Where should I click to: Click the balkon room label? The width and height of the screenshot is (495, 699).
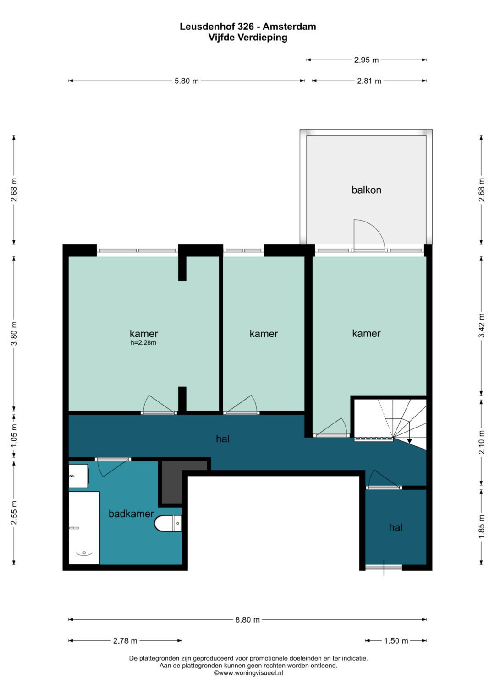tap(366, 190)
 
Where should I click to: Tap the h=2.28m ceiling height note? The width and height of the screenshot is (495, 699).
tap(143, 343)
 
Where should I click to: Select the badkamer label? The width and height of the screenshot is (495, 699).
tap(131, 514)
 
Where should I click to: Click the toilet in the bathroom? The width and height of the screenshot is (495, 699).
tap(168, 523)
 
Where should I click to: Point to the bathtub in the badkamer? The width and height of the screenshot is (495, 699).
tap(84, 528)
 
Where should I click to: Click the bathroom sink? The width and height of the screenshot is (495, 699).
tap(78, 476)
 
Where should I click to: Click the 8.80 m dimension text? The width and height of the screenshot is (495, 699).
tap(247, 619)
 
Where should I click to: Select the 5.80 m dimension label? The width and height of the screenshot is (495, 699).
tap(187, 81)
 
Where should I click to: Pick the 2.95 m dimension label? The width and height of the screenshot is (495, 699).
tap(366, 60)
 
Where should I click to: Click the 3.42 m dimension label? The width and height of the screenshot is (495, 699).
tap(482, 325)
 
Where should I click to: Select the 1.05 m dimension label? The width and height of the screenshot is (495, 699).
tap(14, 436)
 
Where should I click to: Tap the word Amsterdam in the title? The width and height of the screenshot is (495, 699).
tap(289, 27)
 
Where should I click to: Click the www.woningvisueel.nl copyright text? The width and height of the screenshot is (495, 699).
tap(248, 673)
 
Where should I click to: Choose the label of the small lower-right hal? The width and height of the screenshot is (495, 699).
tap(396, 527)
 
